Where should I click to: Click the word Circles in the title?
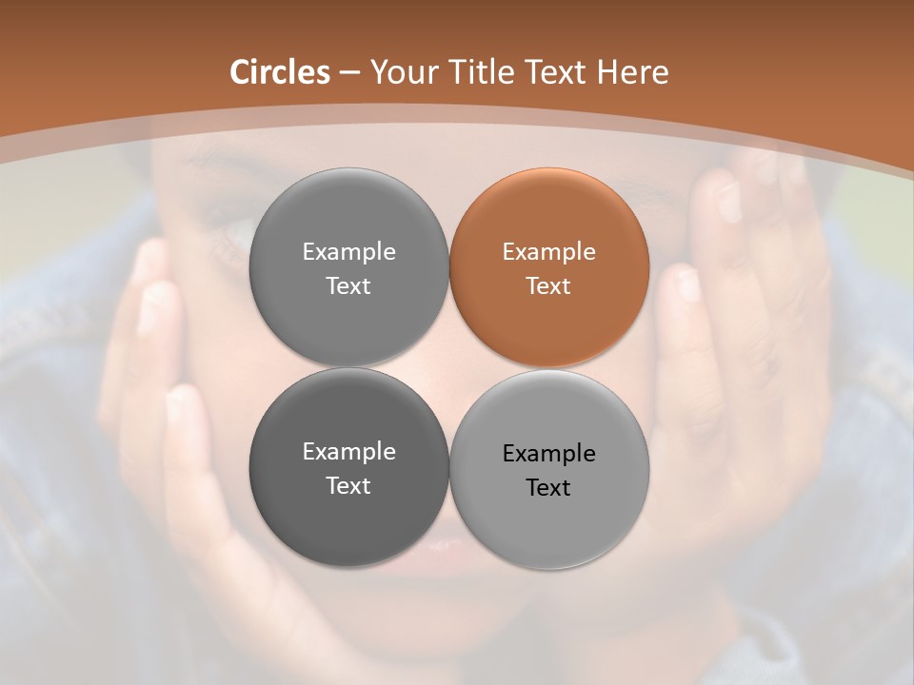tap(279, 72)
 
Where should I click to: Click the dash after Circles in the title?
tap(349, 73)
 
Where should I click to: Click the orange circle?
tap(549, 267)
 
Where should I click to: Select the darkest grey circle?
tap(348, 467)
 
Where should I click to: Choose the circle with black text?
tap(549, 469)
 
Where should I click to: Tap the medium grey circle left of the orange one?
tap(348, 267)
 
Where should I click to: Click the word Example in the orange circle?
tap(548, 252)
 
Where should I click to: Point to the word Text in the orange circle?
tap(548, 285)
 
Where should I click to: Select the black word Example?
tap(548, 454)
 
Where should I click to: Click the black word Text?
tap(548, 487)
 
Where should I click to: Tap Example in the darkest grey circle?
tap(348, 452)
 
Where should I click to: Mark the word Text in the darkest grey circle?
tap(348, 485)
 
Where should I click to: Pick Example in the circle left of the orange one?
tap(348, 252)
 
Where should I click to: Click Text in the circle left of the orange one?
tap(348, 285)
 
